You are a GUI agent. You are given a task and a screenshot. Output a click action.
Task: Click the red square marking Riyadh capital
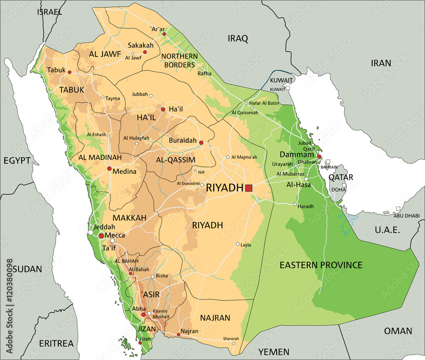[249, 188]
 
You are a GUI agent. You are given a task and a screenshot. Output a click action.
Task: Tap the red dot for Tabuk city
[69, 72]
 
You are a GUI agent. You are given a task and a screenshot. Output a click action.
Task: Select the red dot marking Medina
[109, 169]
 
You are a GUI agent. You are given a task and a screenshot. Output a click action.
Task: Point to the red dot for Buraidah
[201, 142]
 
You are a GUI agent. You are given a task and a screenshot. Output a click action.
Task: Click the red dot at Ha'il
[163, 109]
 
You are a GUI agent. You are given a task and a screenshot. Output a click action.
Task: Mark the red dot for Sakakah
[145, 52]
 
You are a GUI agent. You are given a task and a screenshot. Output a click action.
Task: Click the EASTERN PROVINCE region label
[320, 265]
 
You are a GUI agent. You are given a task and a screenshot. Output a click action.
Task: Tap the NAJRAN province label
[215, 317]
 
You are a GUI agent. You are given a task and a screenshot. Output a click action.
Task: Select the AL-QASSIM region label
[176, 160]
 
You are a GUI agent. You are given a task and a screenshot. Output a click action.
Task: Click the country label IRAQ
[238, 39]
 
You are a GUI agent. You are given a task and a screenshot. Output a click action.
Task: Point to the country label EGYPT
[17, 160]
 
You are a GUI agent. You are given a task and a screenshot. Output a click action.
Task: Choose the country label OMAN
[398, 331]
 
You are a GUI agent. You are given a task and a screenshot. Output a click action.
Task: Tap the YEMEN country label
[274, 352]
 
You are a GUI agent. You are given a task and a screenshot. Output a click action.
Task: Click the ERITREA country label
[56, 343]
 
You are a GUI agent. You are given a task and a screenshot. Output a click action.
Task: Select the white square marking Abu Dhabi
[398, 209]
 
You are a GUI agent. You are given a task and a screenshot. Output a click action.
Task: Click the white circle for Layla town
[238, 244]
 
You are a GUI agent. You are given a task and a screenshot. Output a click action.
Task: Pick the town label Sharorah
[231, 339]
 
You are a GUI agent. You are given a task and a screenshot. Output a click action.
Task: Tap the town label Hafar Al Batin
[264, 103]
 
